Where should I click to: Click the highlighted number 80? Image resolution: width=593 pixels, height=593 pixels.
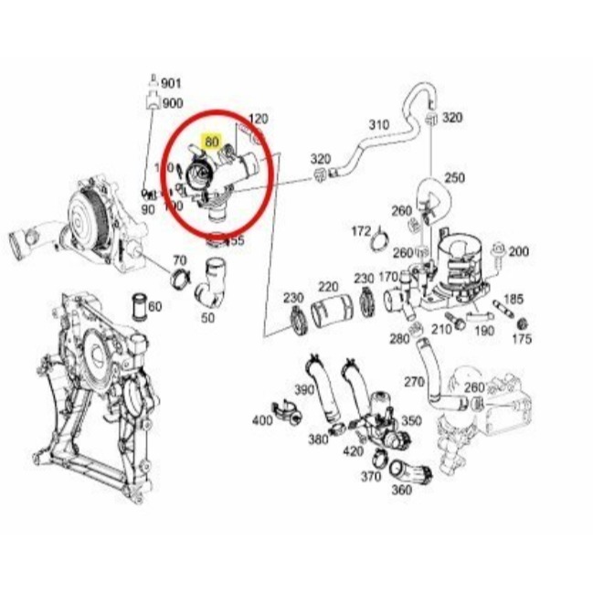212,142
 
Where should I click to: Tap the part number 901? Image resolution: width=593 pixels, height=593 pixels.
171,83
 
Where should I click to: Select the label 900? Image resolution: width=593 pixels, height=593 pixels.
172,102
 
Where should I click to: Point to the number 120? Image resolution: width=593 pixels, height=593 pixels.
259,119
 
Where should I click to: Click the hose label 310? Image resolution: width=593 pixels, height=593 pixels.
378,124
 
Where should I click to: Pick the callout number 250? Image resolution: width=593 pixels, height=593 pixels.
454,177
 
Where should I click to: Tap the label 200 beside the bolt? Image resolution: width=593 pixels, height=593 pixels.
518,251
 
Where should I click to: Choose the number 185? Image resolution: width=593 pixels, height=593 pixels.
514,299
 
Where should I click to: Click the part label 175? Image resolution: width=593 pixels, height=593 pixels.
522,339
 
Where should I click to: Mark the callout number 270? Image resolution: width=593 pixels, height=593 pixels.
415,382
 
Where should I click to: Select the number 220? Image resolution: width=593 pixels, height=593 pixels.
328,286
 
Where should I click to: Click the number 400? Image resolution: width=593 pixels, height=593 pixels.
262,420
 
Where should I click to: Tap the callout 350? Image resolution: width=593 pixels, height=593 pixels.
411,421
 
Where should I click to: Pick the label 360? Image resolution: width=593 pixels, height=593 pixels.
401,490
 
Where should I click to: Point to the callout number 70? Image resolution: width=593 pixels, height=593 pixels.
179,260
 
